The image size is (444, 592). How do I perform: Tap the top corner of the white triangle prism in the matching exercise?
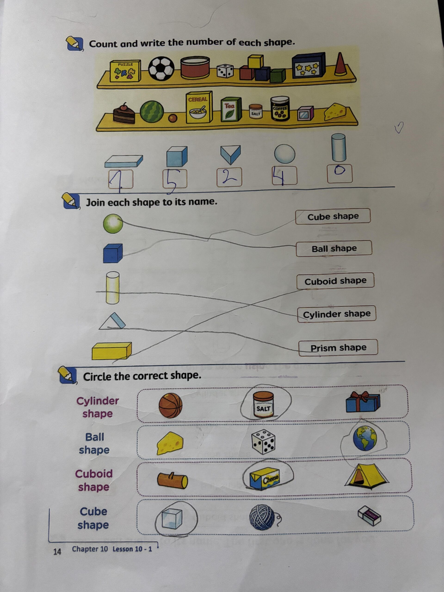[x=114, y=313]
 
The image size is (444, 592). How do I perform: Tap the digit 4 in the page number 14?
[x=59, y=552]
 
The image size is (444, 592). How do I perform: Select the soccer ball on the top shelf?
[x=161, y=68]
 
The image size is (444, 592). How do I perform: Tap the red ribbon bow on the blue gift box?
[x=362, y=396]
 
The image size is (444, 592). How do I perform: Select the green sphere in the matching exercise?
[x=113, y=223]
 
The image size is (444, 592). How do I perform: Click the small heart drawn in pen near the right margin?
[x=399, y=128]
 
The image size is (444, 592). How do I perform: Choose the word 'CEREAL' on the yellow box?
[x=198, y=99]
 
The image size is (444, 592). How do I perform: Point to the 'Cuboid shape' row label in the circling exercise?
[x=94, y=480]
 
